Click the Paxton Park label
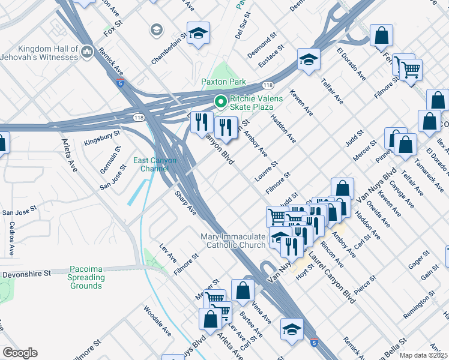click(x=223, y=82)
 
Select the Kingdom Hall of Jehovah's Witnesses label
click(x=40, y=53)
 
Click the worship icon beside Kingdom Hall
click(x=87, y=52)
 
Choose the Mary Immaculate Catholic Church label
click(x=236, y=241)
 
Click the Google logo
click(x=20, y=353)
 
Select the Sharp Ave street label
click(x=185, y=203)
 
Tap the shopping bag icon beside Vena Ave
click(x=242, y=290)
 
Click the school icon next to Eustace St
click(x=309, y=59)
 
